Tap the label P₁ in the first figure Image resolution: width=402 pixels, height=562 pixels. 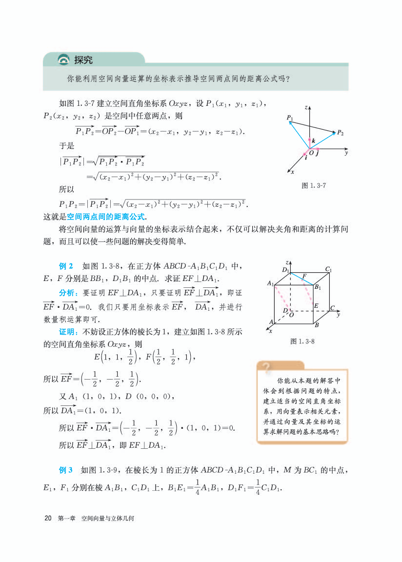290,118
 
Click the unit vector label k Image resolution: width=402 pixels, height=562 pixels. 313,141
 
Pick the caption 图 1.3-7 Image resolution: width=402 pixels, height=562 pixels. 314,186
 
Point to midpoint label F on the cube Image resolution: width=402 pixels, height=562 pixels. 304,276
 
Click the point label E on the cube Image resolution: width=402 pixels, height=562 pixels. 316,305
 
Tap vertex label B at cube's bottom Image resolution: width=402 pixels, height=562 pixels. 316,325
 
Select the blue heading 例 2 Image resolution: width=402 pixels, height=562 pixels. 66,266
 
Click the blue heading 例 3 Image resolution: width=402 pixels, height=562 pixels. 66,470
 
